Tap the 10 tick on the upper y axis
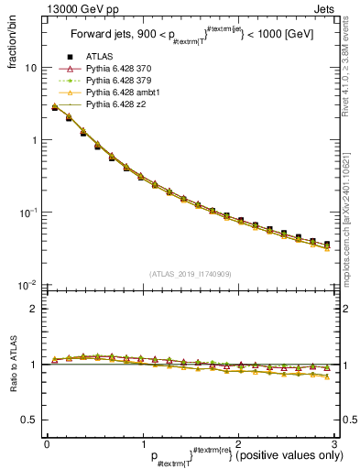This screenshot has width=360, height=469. [30, 68]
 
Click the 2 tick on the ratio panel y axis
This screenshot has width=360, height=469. [33, 309]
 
